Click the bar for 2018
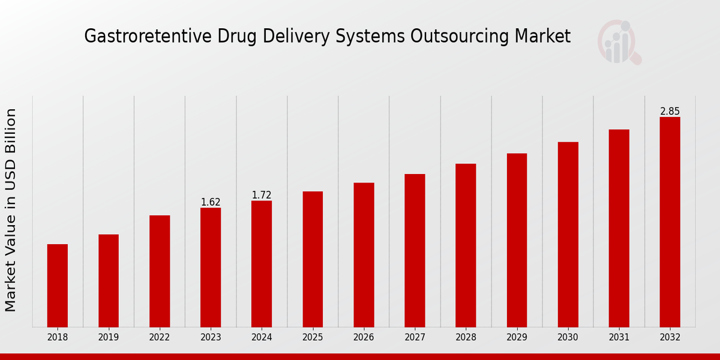(x=58, y=286)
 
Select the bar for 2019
(x=109, y=281)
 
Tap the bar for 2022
(x=160, y=271)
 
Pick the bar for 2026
(x=364, y=255)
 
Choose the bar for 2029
(x=517, y=240)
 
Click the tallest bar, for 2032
(x=670, y=222)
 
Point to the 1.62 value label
(x=211, y=202)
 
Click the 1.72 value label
(x=262, y=195)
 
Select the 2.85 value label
(x=670, y=112)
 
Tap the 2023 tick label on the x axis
(x=211, y=338)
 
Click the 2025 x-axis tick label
(x=313, y=338)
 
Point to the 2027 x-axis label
(x=415, y=338)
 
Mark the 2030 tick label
(x=568, y=338)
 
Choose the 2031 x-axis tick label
(x=619, y=338)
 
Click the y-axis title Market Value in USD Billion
(x=11, y=210)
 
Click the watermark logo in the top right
(x=619, y=42)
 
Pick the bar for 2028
(x=466, y=245)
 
